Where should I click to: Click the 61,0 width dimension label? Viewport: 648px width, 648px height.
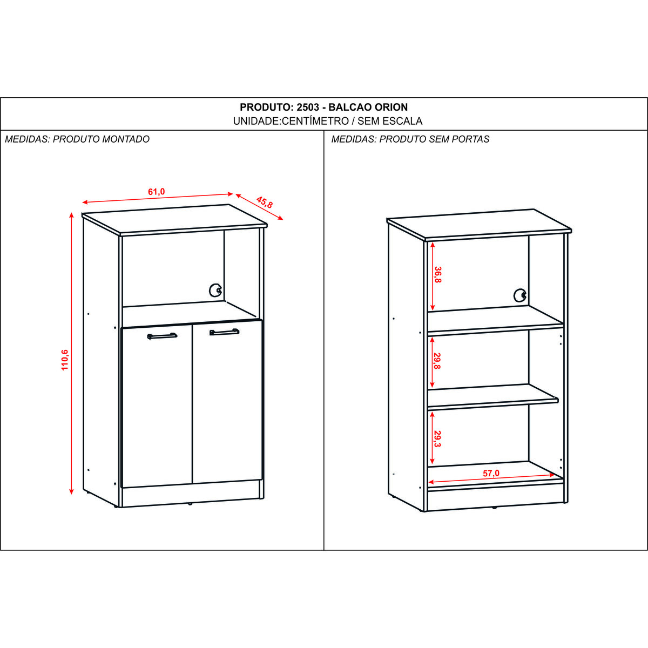tap(157, 192)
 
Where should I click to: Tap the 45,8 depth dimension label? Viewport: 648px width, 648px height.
tap(265, 202)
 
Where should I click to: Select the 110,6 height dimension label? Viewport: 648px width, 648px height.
tap(65, 360)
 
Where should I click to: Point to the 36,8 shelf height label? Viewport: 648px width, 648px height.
tap(437, 275)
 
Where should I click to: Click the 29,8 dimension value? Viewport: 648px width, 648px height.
tap(437, 361)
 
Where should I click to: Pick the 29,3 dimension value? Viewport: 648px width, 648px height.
tap(437, 439)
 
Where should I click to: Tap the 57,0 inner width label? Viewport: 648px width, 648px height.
tap(491, 473)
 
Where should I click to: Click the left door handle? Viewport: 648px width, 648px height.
tap(162, 335)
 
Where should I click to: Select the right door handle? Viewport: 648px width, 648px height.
tap(224, 332)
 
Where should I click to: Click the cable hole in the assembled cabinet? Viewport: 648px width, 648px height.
tap(215, 290)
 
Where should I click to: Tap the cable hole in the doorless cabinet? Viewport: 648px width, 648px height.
tap(520, 295)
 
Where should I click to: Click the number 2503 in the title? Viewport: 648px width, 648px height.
tap(308, 107)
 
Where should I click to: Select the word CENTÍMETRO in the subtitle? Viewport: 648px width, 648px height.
tap(315, 121)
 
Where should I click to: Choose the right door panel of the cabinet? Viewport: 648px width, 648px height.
tap(227, 402)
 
